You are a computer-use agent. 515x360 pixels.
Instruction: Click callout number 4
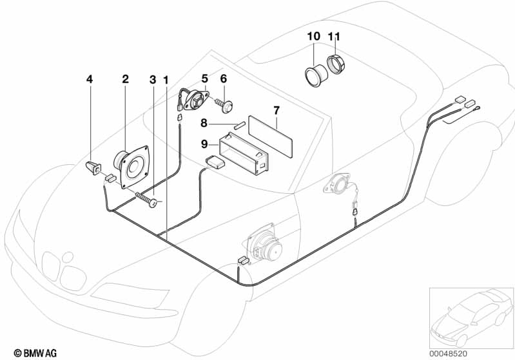pyautogui.click(x=90, y=79)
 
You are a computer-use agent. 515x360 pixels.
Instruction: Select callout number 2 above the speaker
pyautogui.click(x=126, y=79)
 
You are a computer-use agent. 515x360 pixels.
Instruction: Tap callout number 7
pyautogui.click(x=276, y=110)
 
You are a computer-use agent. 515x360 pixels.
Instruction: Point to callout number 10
pyautogui.click(x=312, y=37)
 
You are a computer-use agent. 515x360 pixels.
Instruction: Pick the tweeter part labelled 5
pyautogui.click(x=194, y=100)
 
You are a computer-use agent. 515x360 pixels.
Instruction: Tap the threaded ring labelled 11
pyautogui.click(x=336, y=65)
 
